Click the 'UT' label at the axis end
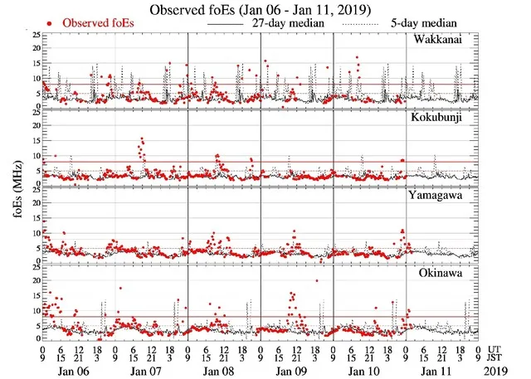tap(495, 349)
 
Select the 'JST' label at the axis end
tap(498, 357)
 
